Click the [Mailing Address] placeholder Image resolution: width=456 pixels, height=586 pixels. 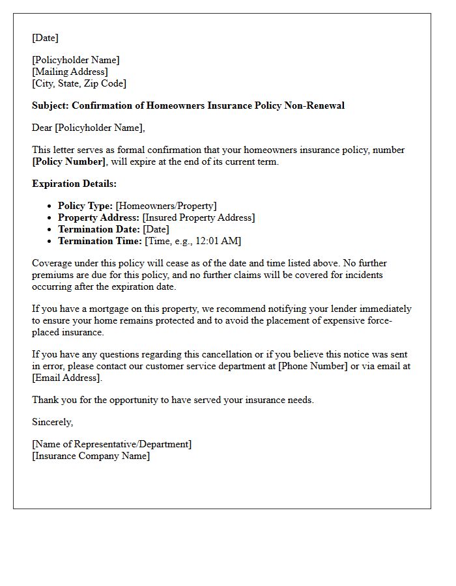70,72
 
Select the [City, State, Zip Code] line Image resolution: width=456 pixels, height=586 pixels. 79,83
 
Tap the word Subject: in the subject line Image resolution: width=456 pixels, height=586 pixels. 50,105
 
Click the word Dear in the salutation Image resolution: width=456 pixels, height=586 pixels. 42,128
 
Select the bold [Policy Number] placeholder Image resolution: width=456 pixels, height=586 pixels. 68,161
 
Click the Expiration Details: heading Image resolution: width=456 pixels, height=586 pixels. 74,184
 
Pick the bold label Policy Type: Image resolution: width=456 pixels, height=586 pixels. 85,206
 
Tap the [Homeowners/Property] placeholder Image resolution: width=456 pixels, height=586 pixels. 166,206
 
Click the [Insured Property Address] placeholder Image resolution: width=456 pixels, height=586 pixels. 199,217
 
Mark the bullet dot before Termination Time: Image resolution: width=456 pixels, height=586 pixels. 50,242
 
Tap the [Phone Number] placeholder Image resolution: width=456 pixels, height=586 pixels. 313,366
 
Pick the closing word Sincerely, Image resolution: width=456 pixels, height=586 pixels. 53,422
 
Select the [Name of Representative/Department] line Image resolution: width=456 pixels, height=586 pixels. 112,444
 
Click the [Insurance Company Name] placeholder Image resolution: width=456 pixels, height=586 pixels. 91,456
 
